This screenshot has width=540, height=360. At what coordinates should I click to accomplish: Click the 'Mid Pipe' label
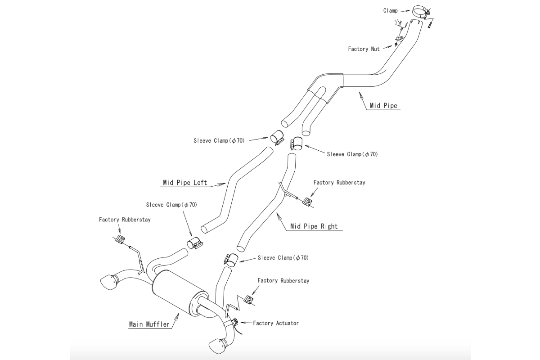coord(383,106)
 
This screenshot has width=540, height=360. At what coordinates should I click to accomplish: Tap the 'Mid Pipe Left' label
coord(184,183)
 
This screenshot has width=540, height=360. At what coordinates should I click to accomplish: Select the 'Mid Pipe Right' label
coord(314,226)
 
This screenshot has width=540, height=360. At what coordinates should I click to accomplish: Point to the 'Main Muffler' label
coord(149,324)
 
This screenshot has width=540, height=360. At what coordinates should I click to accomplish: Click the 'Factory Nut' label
coord(364,49)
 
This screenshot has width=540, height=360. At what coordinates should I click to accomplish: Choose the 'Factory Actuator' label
coord(275,323)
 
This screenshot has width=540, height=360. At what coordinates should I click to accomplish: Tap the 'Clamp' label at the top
coord(390,10)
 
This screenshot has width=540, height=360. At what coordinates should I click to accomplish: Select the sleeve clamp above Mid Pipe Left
coord(277,137)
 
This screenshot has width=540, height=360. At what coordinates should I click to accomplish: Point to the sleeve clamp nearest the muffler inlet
coord(195,244)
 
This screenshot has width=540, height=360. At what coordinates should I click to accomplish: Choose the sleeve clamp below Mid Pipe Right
coord(230,260)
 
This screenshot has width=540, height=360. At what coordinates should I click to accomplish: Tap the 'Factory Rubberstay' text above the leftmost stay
coord(125,220)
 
